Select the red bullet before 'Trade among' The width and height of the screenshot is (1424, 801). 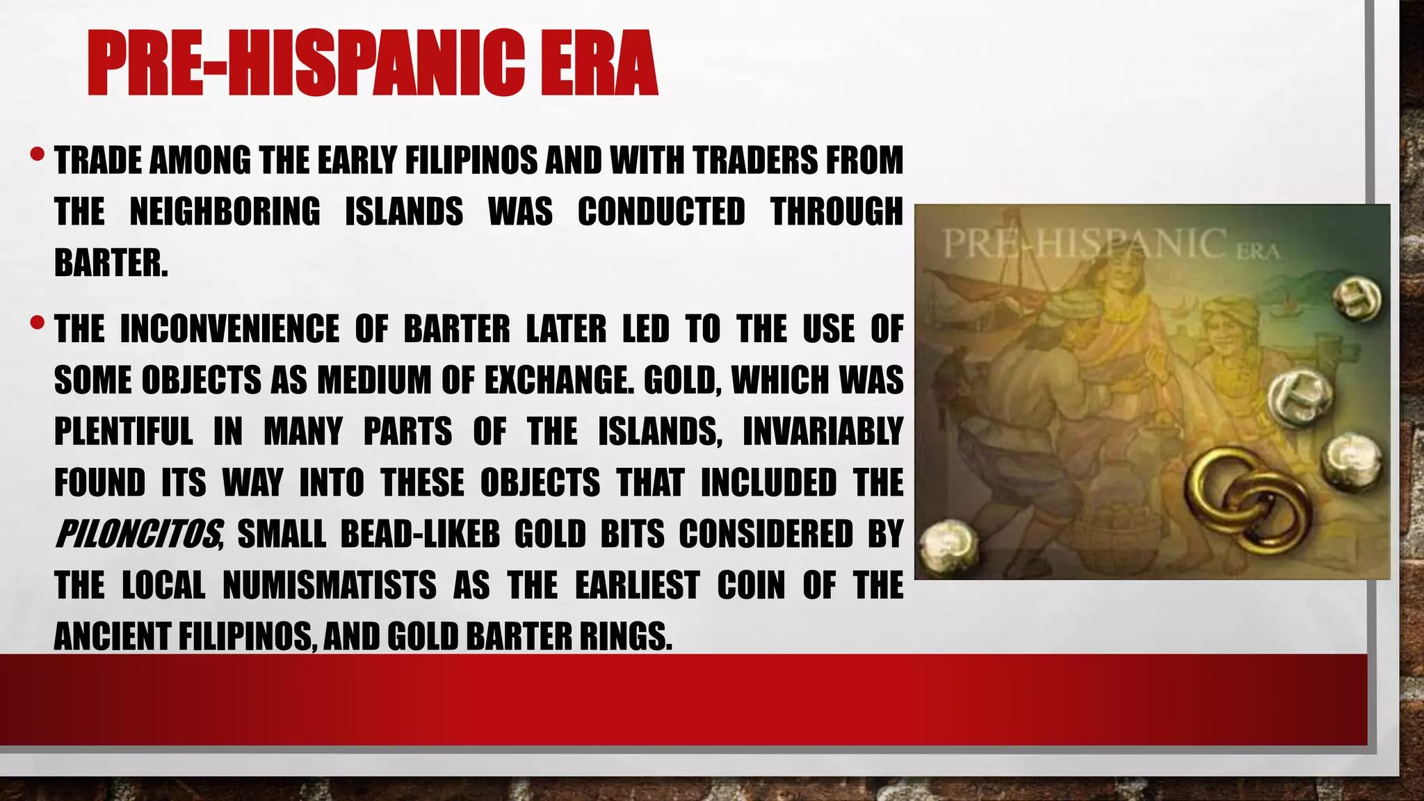[x=38, y=153]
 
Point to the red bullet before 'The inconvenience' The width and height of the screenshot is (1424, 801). [x=38, y=323]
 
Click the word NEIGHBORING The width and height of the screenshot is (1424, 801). [x=225, y=211]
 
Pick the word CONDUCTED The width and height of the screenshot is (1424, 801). [x=661, y=211]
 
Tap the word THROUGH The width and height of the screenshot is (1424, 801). [x=836, y=211]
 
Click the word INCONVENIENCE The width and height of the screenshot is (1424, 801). [x=230, y=329]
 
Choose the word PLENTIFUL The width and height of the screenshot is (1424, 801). [x=124, y=432]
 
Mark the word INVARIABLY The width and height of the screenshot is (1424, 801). [x=823, y=432]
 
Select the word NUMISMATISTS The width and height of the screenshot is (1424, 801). [x=330, y=585]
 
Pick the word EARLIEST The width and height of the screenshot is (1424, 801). [x=637, y=585]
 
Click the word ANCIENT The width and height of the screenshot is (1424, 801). [x=113, y=636]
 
